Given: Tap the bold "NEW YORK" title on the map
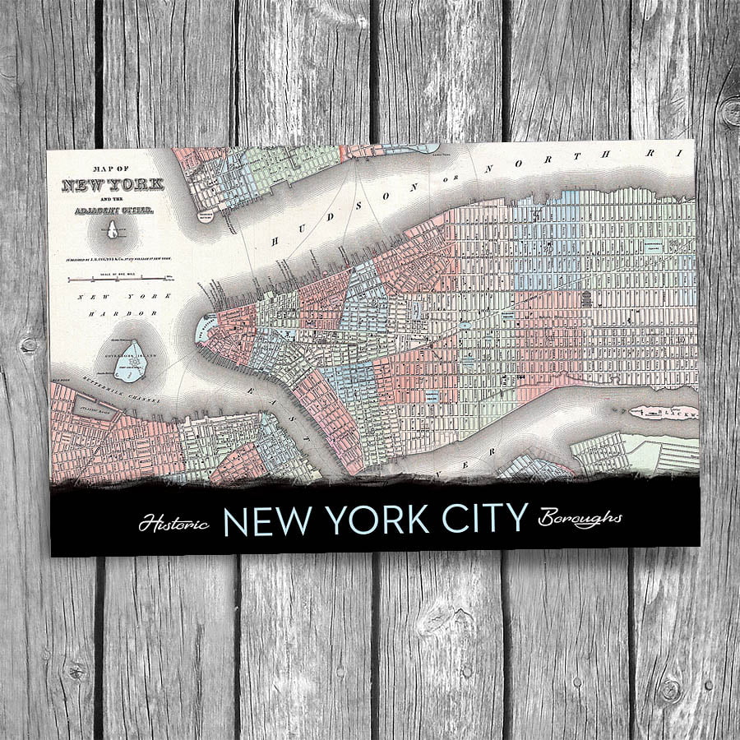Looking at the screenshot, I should [x=113, y=184].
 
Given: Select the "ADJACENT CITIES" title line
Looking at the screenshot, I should [x=113, y=210].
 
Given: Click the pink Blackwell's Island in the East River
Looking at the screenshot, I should [x=662, y=413].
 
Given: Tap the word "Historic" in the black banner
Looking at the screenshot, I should [x=173, y=522].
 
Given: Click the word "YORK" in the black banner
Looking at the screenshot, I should [x=367, y=520].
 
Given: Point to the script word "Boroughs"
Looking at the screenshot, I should [x=580, y=519].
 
